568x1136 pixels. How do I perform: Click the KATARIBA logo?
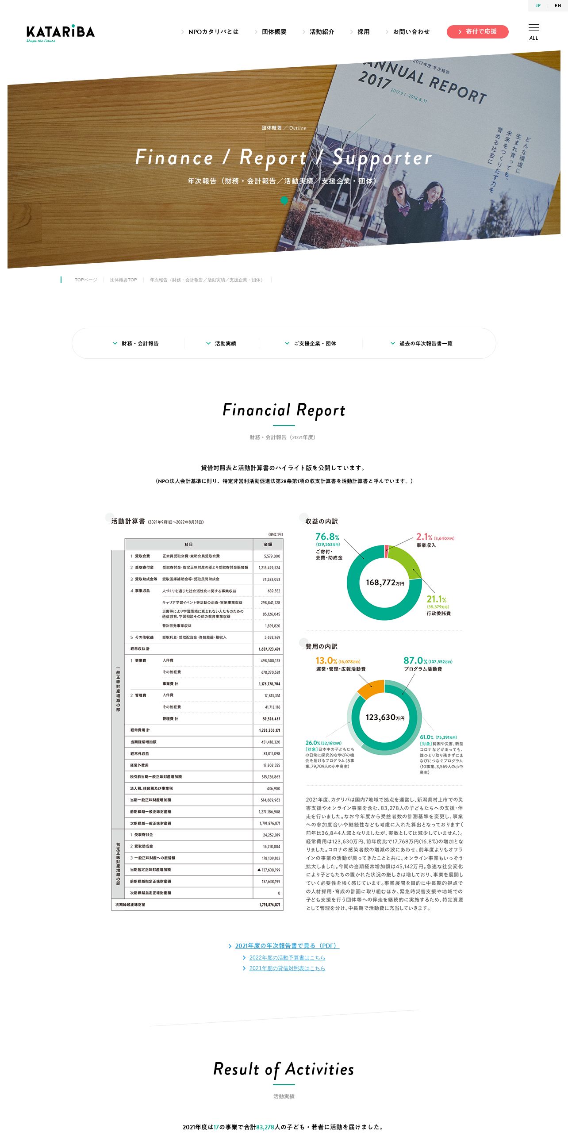click(60, 33)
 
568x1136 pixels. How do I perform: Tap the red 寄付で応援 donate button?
click(477, 32)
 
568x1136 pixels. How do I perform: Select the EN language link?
click(558, 6)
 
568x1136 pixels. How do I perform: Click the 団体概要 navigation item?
click(274, 32)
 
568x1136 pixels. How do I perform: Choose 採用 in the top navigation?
click(363, 32)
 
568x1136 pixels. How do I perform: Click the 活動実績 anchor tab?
click(225, 344)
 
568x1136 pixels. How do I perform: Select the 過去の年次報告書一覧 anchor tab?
click(426, 344)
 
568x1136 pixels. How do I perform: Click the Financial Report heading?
click(284, 410)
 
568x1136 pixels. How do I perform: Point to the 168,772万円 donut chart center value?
click(384, 583)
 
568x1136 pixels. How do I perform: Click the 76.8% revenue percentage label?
click(327, 537)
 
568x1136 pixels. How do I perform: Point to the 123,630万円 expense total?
click(384, 718)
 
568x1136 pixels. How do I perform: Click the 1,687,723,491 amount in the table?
click(269, 649)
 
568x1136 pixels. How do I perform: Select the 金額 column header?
click(268, 545)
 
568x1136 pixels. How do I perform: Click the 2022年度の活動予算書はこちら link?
click(287, 958)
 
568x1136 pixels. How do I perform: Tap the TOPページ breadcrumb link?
click(86, 280)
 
